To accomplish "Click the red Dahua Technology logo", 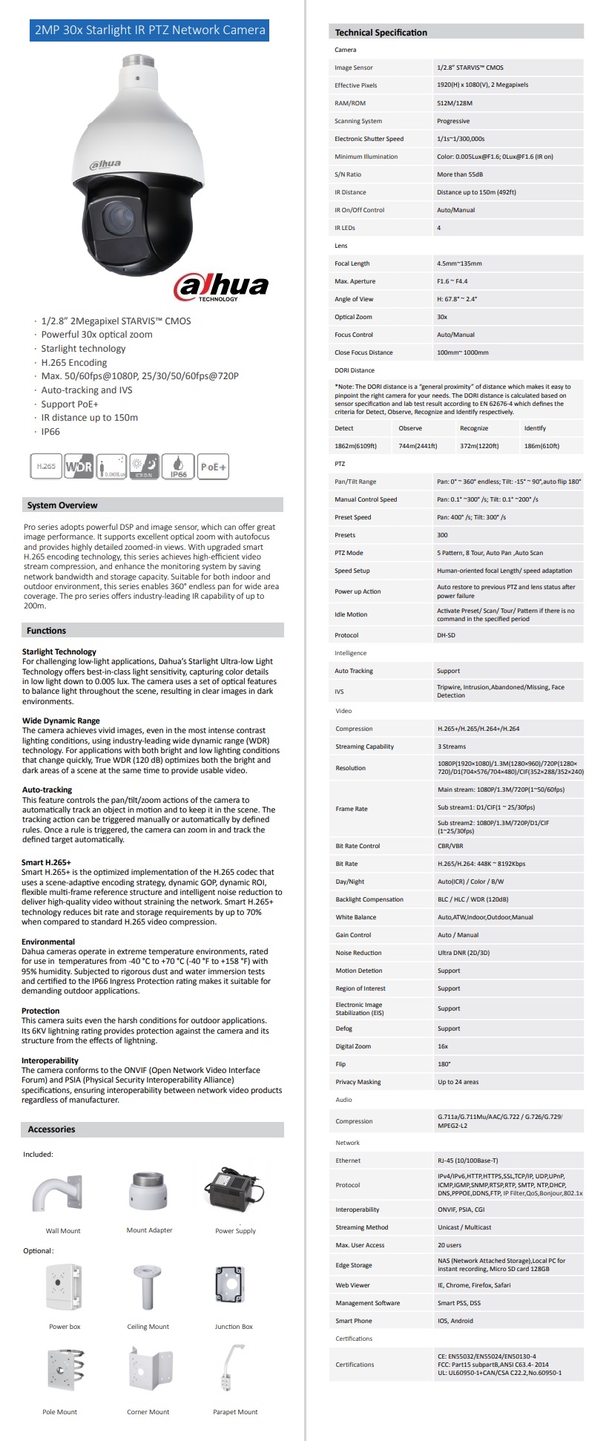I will [221, 287].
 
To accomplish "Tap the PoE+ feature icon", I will [214, 467].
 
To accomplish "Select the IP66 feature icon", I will [178, 467].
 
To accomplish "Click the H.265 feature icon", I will [46, 467].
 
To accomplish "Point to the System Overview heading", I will [62, 505].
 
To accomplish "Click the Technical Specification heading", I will [381, 33].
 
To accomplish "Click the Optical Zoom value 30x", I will [442, 317].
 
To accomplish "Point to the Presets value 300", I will [442, 535].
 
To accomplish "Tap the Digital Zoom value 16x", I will [443, 1046].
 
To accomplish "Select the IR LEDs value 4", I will [439, 228].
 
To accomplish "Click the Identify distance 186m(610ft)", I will [541, 446].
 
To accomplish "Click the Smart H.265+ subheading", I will [47, 862].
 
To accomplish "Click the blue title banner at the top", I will [150, 30].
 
